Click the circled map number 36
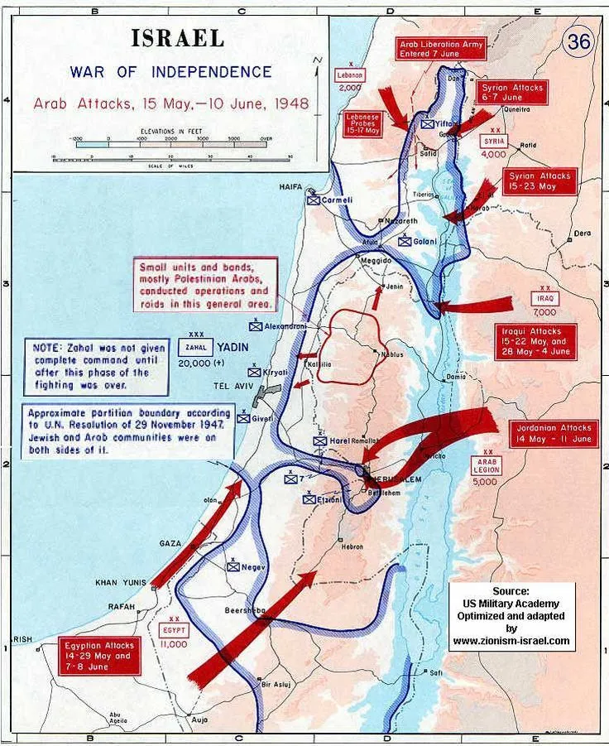tap(578, 41)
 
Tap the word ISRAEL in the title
tap(177, 38)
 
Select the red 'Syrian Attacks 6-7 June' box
tap(513, 92)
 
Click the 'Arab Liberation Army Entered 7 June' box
tap(442, 48)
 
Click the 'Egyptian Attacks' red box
tap(98, 655)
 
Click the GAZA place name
tap(170, 543)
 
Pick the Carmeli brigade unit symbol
tap(314, 200)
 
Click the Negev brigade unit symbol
tap(233, 567)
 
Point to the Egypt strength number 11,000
tap(174, 643)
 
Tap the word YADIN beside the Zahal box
tap(234, 348)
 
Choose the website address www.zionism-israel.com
tap(511, 640)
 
